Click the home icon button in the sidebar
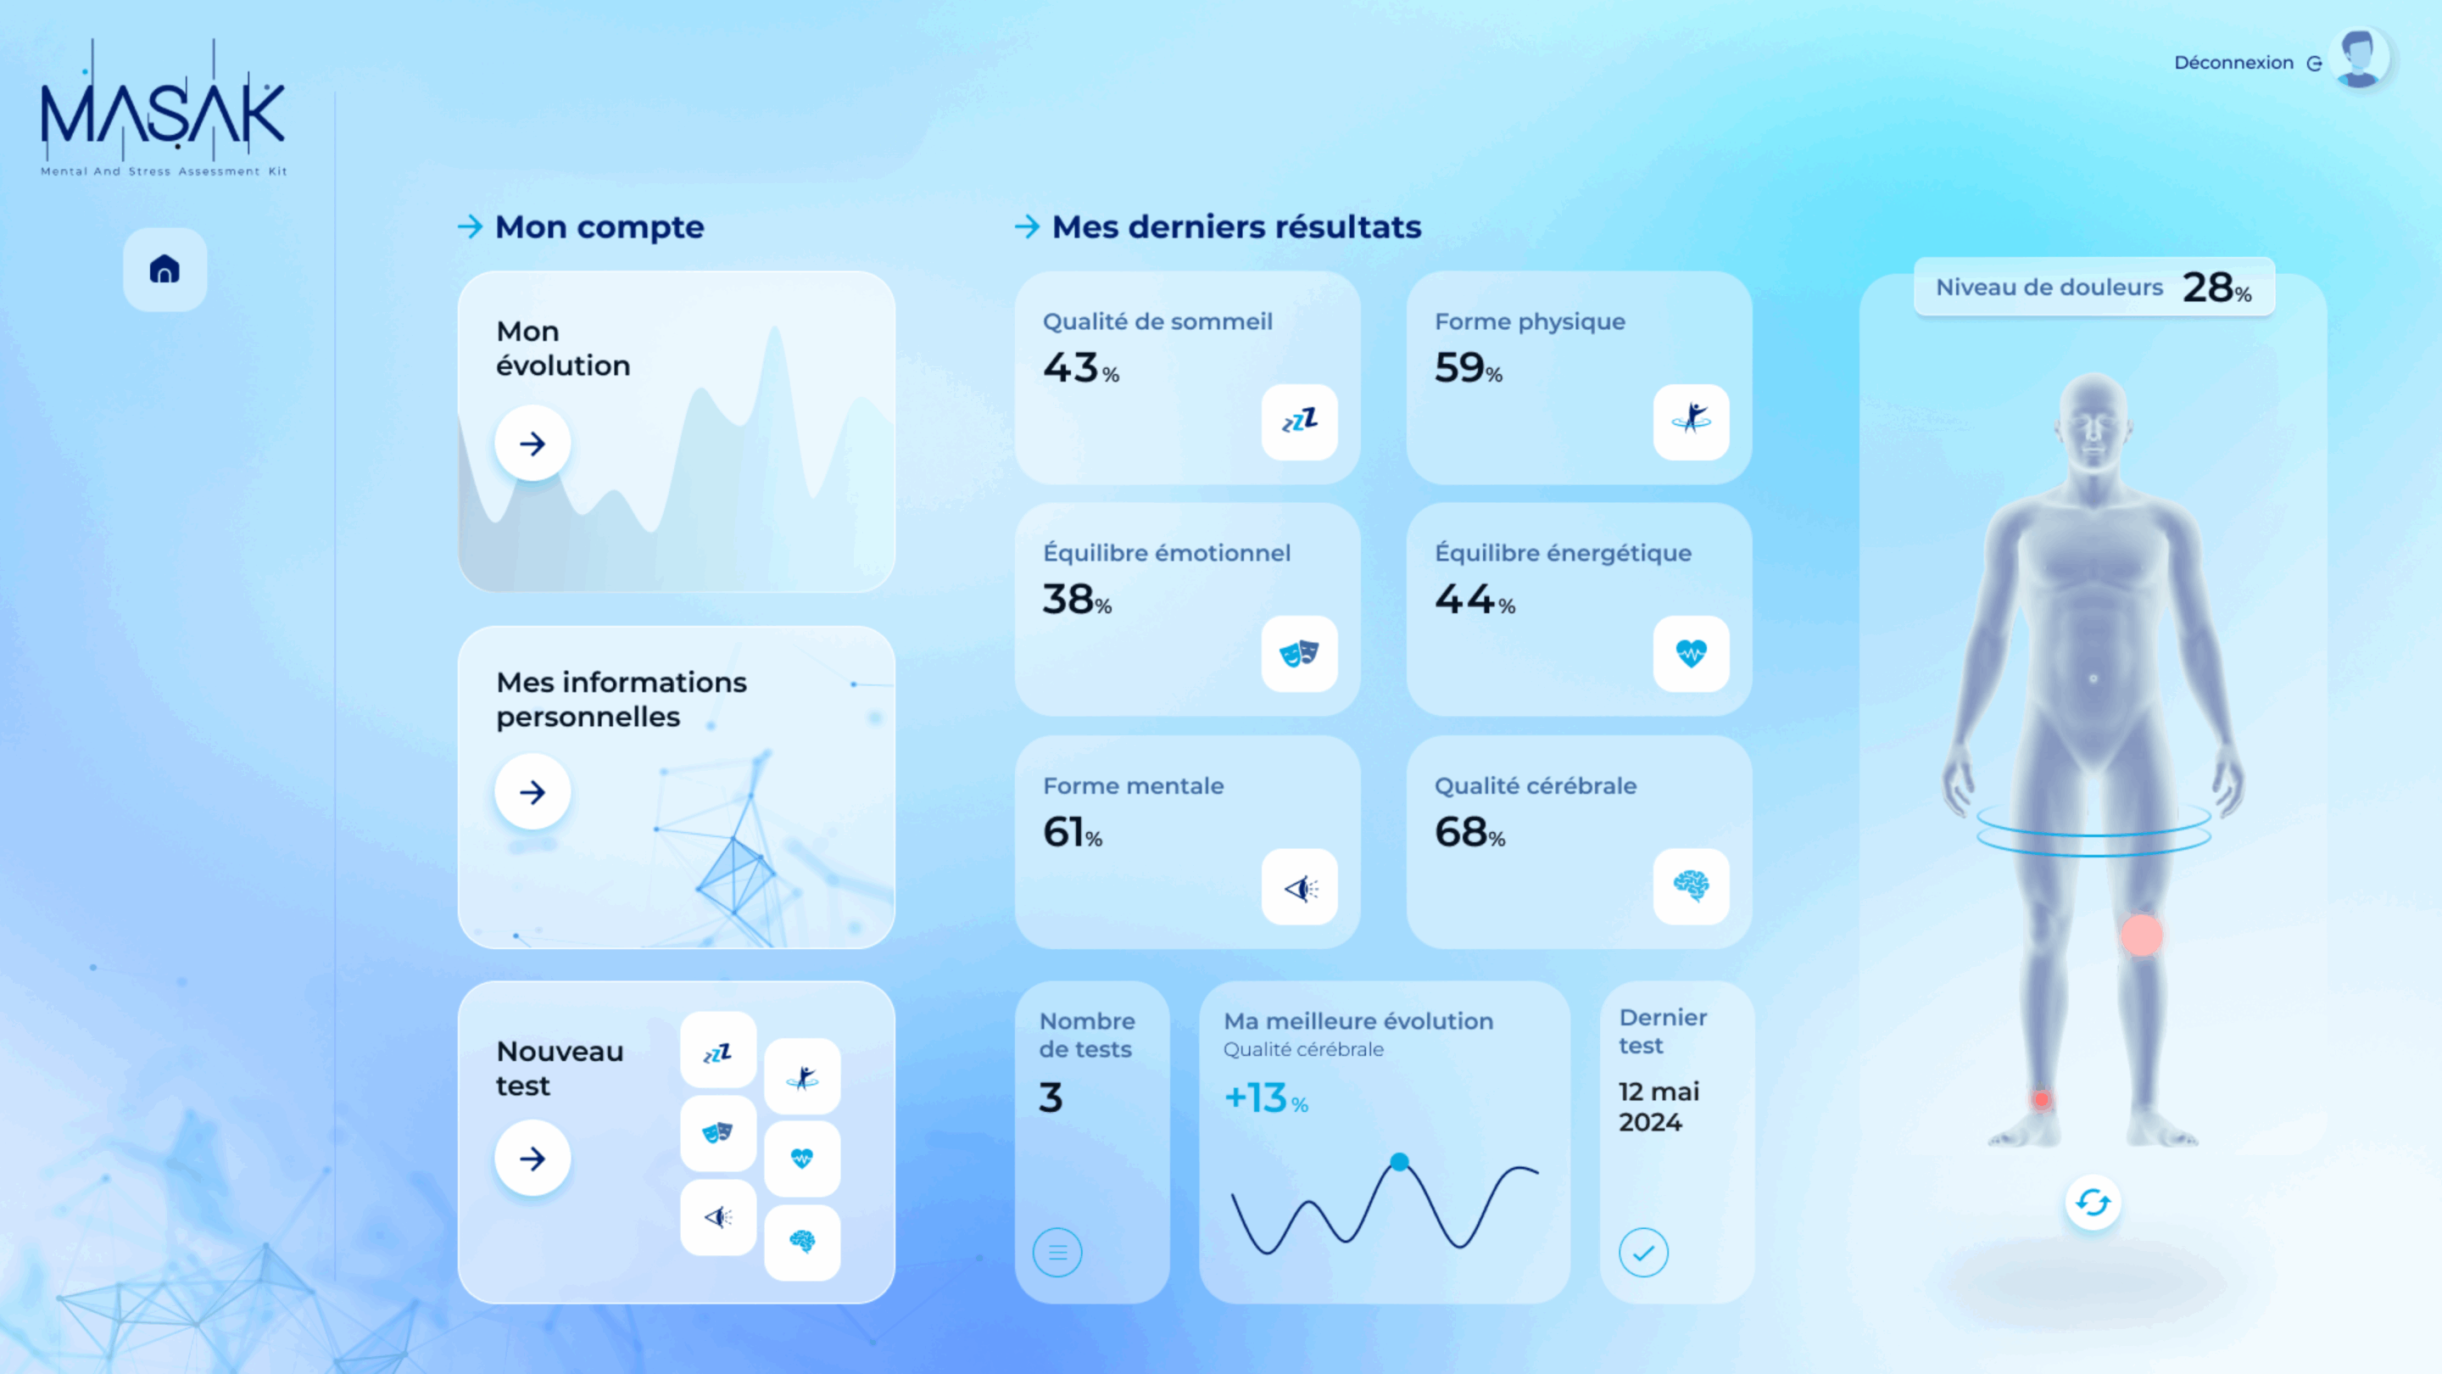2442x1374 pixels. [165, 270]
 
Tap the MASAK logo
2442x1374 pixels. [163, 107]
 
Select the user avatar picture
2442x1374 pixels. [2360, 59]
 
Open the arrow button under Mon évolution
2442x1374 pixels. [532, 443]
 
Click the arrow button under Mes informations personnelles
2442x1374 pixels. [532, 792]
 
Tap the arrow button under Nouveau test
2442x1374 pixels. [532, 1158]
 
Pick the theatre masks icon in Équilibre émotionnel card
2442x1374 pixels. [1300, 653]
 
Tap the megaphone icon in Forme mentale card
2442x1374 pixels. [1300, 886]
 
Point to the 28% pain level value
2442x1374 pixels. [2216, 288]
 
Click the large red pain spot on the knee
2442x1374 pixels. [2142, 935]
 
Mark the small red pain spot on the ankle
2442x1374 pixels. [2041, 1100]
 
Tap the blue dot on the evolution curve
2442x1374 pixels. [1399, 1162]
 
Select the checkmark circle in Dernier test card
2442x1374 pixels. [1644, 1253]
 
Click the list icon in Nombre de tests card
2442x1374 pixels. [1058, 1253]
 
